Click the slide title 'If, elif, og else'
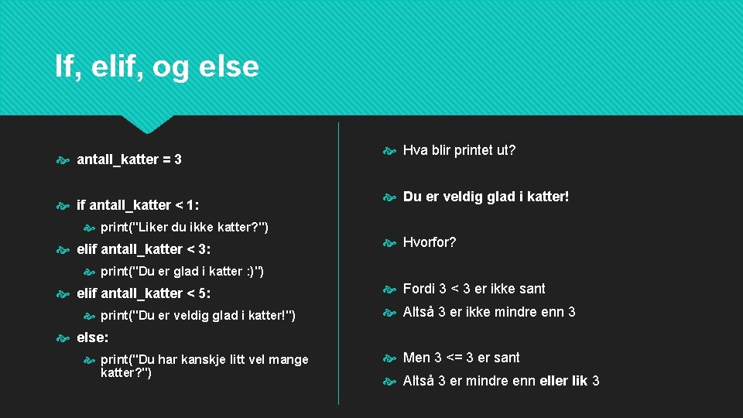click(x=157, y=67)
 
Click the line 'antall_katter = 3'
click(x=129, y=160)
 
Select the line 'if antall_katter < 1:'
click(x=138, y=205)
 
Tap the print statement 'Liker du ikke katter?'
click(x=184, y=227)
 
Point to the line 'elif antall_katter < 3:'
click(x=144, y=249)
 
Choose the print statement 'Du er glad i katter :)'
click(x=183, y=271)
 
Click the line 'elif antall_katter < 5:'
click(x=144, y=293)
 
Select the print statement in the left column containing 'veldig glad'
click(x=198, y=315)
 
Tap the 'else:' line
click(x=93, y=337)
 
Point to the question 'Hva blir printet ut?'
click(x=459, y=150)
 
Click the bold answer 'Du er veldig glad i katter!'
click(x=486, y=197)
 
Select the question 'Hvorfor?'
click(x=430, y=242)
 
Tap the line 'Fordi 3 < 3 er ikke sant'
click(x=474, y=289)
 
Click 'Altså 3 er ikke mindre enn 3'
click(x=489, y=312)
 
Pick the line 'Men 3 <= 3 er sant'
click(x=461, y=358)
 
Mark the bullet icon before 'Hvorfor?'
click(x=389, y=243)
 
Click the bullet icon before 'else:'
click(x=63, y=338)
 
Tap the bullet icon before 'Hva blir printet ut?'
click(x=389, y=151)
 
